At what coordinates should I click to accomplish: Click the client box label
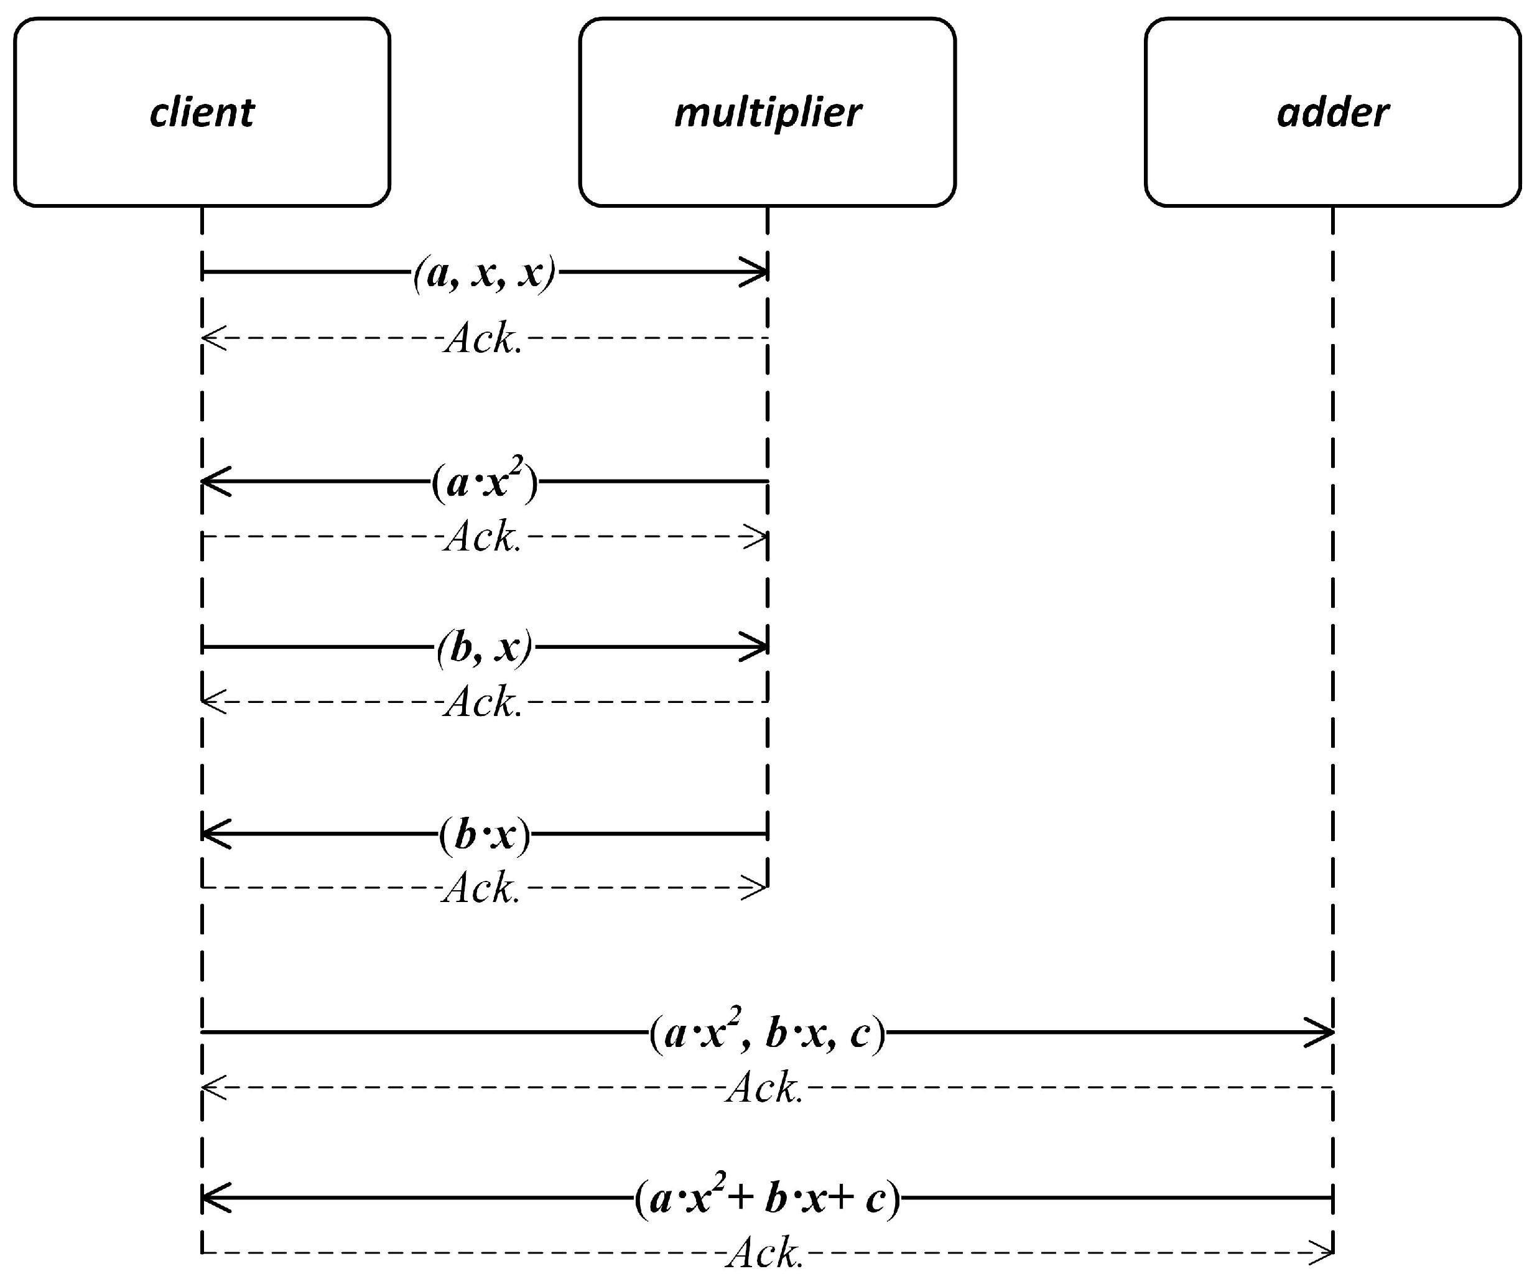pyautogui.click(x=202, y=113)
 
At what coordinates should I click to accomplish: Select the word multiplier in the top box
pyautogui.click(x=768, y=113)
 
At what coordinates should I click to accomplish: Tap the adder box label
pyautogui.click(x=1333, y=113)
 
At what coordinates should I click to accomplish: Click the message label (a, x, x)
pyautogui.click(x=485, y=273)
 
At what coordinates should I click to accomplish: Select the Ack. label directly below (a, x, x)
pyautogui.click(x=483, y=339)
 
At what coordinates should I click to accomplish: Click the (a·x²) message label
pyautogui.click(x=485, y=481)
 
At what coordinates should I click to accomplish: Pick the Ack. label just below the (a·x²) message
pyautogui.click(x=483, y=537)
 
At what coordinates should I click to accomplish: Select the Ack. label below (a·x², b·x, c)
pyautogui.click(x=765, y=1088)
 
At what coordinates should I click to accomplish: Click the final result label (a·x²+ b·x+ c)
pyautogui.click(x=767, y=1199)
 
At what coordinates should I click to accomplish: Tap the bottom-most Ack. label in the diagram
pyautogui.click(x=765, y=1253)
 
